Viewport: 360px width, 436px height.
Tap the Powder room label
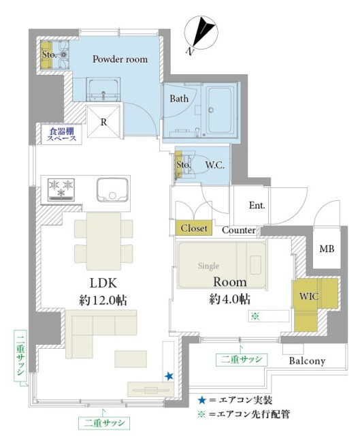pos(120,59)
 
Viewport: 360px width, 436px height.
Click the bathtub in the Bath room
pos(221,111)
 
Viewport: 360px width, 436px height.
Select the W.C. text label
pos(215,166)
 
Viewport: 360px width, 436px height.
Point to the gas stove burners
pos(61,189)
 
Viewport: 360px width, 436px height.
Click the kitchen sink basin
pos(112,189)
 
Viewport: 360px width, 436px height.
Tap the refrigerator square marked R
pos(104,121)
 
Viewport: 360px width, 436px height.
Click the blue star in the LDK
pos(169,377)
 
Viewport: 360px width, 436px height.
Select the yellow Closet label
pos(194,228)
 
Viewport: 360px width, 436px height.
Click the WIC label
pos(308,296)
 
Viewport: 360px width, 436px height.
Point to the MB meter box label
pos(327,249)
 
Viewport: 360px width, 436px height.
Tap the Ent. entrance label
pos(257,206)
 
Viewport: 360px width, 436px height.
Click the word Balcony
pos(307,361)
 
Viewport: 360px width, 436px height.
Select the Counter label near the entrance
pos(239,230)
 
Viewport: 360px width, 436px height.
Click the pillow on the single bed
pos(255,265)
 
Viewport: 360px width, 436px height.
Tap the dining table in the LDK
pos(103,241)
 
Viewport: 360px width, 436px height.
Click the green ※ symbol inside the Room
pos(255,316)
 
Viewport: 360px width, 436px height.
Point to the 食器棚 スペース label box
pos(61,135)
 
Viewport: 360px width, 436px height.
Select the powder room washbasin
pos(103,89)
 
